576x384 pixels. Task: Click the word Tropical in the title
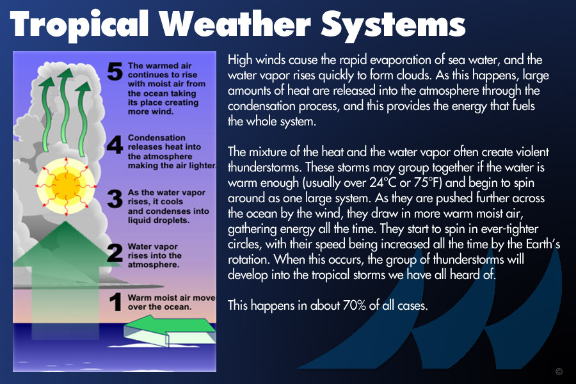[x=79, y=24]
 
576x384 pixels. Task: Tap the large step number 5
[x=115, y=71]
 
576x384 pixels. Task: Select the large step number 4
[x=115, y=145]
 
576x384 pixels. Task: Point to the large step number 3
[x=115, y=199]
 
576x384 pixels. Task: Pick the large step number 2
[x=115, y=253]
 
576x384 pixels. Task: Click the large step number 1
[x=115, y=301]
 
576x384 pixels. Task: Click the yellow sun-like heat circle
[x=66, y=186]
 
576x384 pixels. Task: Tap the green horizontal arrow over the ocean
[x=170, y=332]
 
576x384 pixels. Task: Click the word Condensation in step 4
[x=157, y=138]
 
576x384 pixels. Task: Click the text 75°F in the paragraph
[x=428, y=182]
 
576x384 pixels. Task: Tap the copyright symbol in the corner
[x=559, y=371]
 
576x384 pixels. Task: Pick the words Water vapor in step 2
[x=152, y=246]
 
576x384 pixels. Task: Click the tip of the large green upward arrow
[x=65, y=221]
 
